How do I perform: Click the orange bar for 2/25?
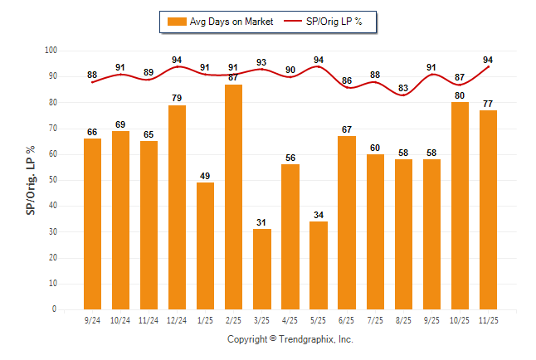click(x=234, y=197)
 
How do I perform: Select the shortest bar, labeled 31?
click(x=262, y=269)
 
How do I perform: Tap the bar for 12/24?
click(x=178, y=207)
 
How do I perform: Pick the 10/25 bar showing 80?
click(x=460, y=206)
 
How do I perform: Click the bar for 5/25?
click(x=319, y=265)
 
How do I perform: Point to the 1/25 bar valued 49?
click(x=206, y=246)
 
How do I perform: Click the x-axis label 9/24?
click(x=93, y=318)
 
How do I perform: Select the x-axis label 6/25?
click(x=347, y=318)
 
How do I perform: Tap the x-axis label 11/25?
click(x=488, y=318)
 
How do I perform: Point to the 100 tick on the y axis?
click(x=51, y=51)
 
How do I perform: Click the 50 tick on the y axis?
click(x=53, y=180)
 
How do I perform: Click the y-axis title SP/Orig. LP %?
click(x=31, y=179)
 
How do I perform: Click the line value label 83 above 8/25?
click(x=403, y=88)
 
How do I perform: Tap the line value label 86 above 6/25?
click(x=347, y=80)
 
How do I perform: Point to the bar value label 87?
click(x=234, y=78)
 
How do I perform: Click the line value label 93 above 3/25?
click(x=262, y=62)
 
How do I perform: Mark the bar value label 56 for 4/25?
click(x=290, y=158)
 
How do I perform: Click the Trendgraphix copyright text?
click(x=290, y=339)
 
